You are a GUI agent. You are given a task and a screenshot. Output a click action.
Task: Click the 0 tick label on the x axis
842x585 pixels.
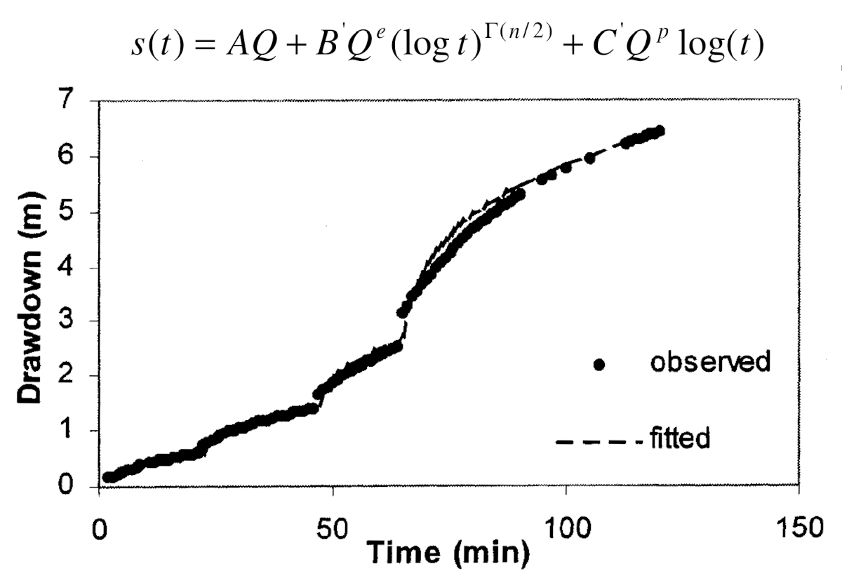tap(100, 527)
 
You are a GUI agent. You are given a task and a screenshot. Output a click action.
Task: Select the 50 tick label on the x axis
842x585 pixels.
tap(333, 527)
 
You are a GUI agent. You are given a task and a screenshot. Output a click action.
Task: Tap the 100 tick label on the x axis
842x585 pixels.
tap(566, 527)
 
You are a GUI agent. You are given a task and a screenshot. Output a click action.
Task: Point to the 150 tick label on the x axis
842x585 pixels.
tap(798, 527)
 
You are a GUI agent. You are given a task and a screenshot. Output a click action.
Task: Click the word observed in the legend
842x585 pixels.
tap(710, 363)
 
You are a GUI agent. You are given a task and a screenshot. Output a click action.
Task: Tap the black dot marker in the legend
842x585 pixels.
tap(599, 364)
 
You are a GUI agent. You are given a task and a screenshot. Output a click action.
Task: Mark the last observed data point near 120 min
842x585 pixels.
tap(659, 131)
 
